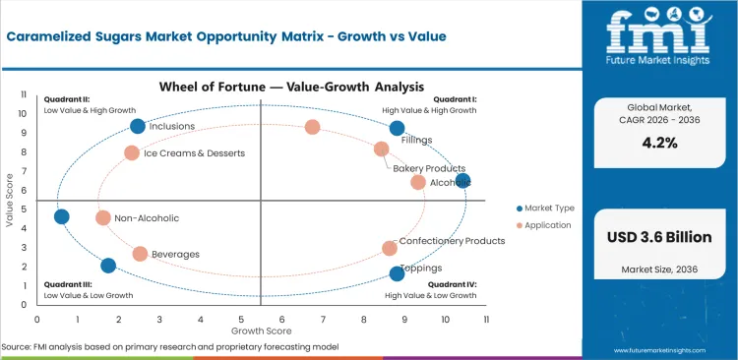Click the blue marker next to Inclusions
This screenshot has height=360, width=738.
(138, 126)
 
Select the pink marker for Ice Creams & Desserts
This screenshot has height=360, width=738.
(132, 152)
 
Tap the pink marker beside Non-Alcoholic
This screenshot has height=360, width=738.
(103, 217)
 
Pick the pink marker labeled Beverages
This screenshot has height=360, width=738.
(140, 254)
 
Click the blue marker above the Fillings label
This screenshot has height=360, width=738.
(397, 128)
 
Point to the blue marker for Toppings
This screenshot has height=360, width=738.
(397, 273)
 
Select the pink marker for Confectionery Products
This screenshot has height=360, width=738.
(390, 248)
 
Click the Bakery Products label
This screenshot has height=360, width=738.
(429, 168)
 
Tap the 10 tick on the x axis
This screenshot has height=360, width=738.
(445, 319)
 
